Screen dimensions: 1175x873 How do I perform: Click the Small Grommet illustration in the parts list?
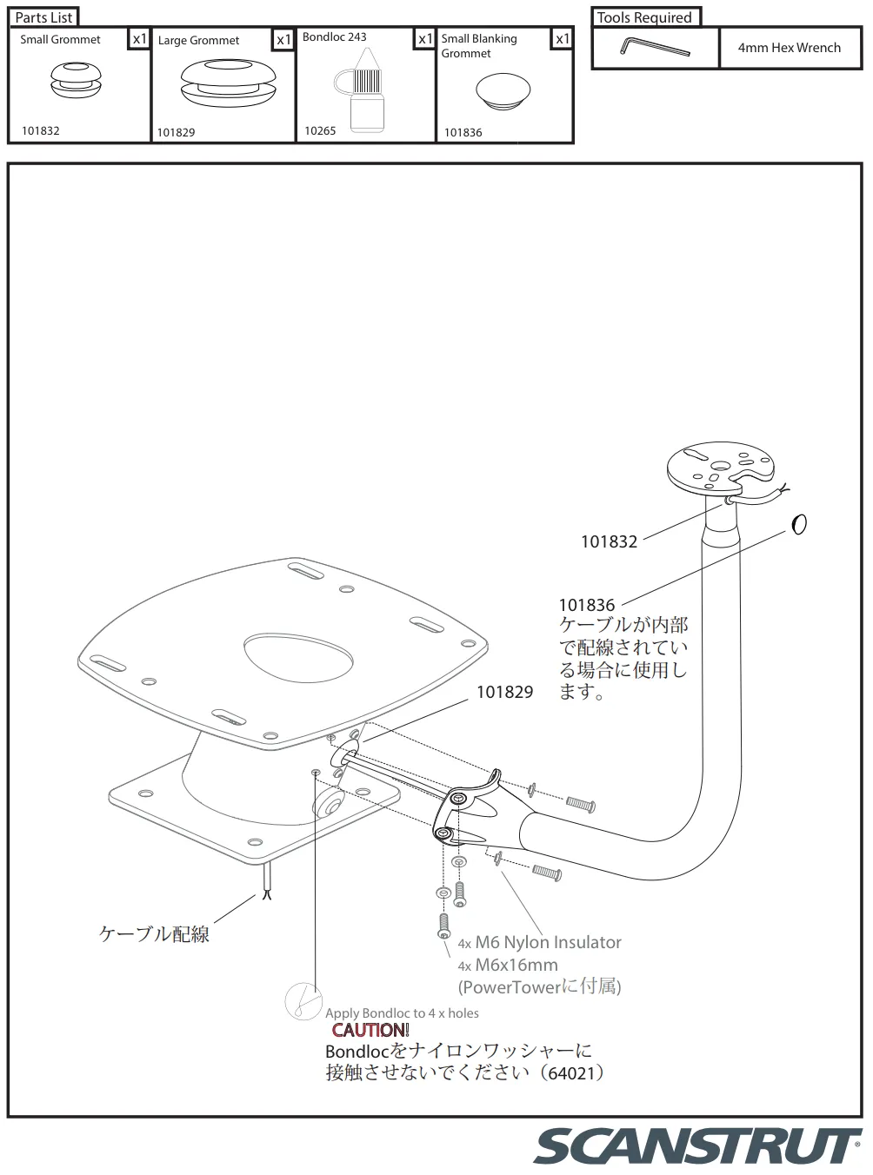(x=76, y=80)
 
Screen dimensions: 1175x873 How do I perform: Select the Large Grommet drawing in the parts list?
(x=229, y=83)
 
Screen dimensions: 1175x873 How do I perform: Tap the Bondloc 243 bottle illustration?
(x=365, y=91)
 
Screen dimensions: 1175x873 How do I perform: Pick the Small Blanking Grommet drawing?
(x=503, y=90)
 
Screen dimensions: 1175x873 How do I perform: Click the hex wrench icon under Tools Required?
(x=655, y=47)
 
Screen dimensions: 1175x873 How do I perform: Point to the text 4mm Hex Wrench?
(x=789, y=48)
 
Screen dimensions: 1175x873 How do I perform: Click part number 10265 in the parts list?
(x=320, y=130)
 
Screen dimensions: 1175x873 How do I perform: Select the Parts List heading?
(x=43, y=17)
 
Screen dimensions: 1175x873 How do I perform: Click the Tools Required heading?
(x=644, y=17)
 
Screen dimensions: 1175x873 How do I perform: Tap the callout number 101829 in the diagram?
(x=504, y=692)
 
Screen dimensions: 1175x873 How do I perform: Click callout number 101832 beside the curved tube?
(x=609, y=541)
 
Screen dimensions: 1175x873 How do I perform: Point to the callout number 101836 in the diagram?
(x=586, y=605)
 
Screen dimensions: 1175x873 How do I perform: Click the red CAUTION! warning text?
(x=370, y=1030)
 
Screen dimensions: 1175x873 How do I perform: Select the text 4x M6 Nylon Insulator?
(x=540, y=942)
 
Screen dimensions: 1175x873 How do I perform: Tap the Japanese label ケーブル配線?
(x=154, y=934)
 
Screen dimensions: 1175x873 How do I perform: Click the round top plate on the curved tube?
(x=719, y=468)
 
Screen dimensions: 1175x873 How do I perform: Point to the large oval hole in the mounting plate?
(x=298, y=657)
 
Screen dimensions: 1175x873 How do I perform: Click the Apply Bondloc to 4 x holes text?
(x=402, y=1012)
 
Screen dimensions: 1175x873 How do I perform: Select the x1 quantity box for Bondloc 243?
(x=424, y=39)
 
